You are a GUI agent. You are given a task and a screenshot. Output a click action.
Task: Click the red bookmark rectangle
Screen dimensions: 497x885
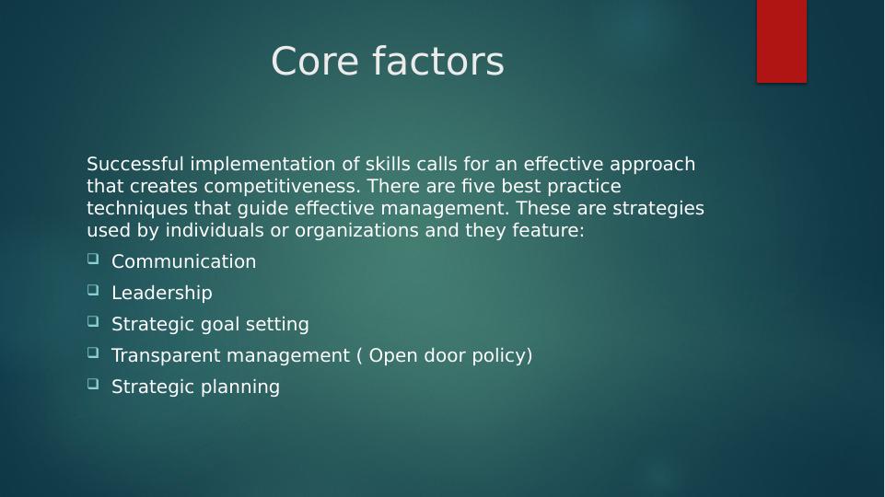coord(781,40)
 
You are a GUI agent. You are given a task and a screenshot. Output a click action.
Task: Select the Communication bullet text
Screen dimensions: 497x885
coord(183,262)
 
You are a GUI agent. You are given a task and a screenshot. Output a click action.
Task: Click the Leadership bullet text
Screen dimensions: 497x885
coord(161,294)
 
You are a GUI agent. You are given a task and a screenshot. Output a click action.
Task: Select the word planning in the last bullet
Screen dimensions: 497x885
coord(240,387)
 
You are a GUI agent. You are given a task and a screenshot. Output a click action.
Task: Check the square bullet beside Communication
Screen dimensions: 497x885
coord(93,260)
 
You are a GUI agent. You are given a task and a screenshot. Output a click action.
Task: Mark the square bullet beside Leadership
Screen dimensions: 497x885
coord(93,291)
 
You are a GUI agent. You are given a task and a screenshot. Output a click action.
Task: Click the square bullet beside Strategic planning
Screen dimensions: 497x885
coord(93,385)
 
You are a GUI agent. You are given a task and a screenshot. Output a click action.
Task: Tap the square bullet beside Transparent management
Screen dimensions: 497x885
coord(93,353)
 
